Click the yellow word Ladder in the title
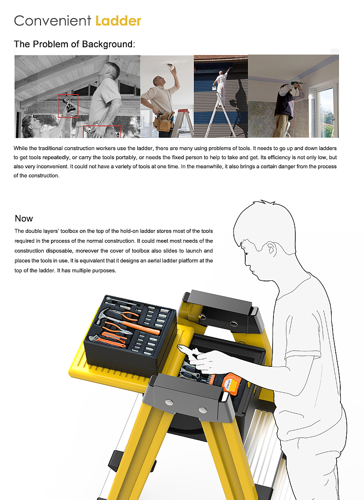point(118,21)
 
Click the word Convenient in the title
point(53,21)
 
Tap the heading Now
point(24,219)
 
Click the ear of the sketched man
point(271,249)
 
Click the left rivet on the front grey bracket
point(169,402)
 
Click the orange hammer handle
point(141,327)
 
